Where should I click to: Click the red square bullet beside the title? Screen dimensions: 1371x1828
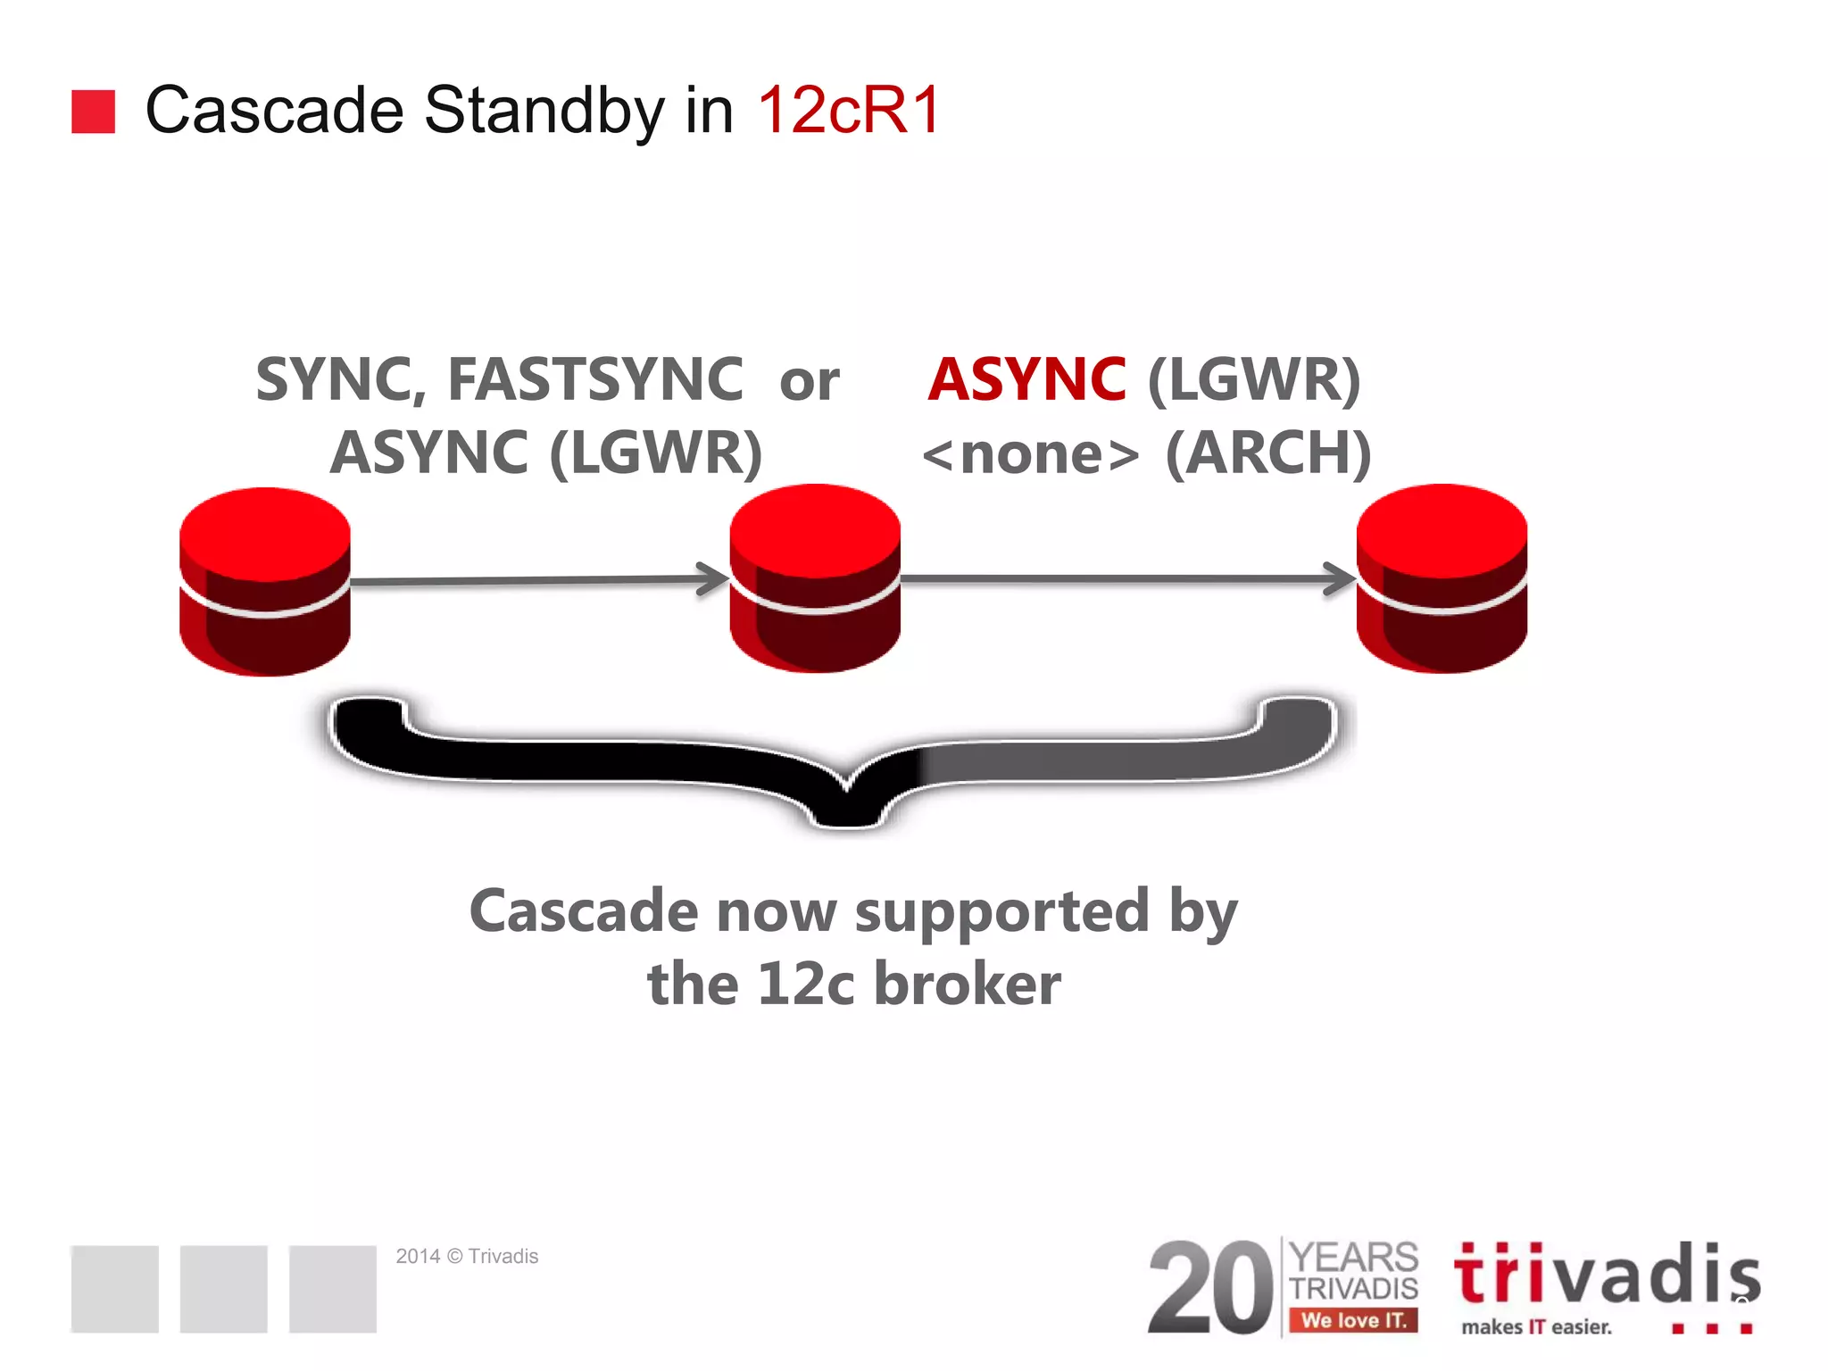(93, 112)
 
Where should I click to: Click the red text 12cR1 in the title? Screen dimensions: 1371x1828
(849, 111)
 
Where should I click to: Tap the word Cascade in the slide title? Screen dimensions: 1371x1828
(274, 111)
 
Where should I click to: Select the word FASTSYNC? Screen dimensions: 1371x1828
(594, 379)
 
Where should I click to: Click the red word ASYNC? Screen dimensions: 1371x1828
(1026, 379)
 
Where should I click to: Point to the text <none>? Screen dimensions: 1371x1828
(1031, 454)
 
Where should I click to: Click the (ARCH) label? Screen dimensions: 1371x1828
(1267, 453)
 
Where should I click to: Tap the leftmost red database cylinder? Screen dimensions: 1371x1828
(265, 582)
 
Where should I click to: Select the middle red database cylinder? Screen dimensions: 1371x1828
(815, 578)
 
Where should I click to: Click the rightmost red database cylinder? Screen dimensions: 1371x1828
(1442, 578)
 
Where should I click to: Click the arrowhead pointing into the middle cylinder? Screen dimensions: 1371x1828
(714, 578)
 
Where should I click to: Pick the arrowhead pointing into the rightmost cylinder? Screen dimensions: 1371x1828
(1341, 578)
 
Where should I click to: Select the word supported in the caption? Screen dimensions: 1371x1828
(1001, 911)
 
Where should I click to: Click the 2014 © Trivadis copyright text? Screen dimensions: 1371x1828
(467, 1256)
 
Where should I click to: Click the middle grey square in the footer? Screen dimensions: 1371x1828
(223, 1289)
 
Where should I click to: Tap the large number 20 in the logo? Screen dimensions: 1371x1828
(1210, 1288)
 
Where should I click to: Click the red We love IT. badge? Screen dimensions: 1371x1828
(1353, 1320)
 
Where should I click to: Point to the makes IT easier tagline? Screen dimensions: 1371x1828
(1536, 1327)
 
